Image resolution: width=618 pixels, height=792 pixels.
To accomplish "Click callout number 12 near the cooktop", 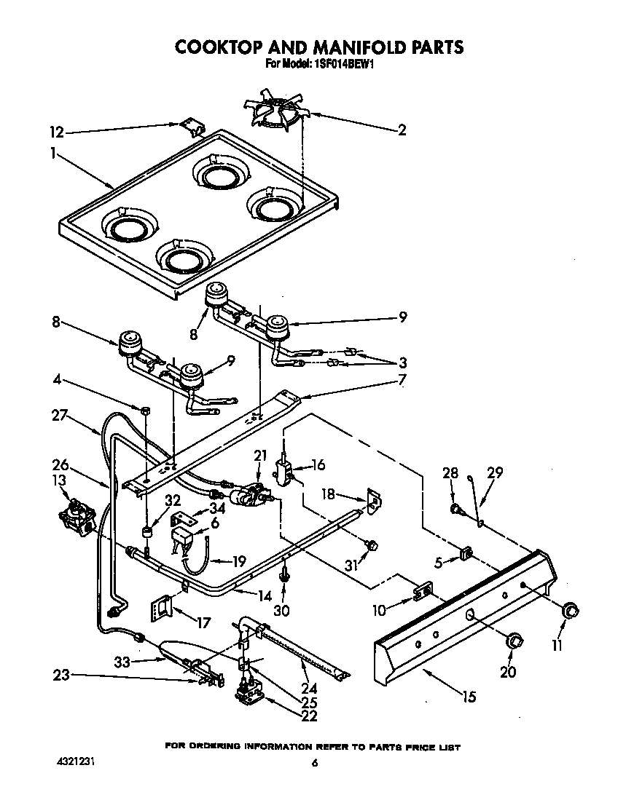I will point(57,132).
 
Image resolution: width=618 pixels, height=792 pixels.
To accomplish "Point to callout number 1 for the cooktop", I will point(54,153).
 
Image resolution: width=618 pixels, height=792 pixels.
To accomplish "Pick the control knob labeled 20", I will point(515,641).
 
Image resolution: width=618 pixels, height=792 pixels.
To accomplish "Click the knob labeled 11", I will point(571,611).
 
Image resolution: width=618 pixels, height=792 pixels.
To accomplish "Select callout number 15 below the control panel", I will point(469,697).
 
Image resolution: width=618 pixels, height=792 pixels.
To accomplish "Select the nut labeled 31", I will point(370,544).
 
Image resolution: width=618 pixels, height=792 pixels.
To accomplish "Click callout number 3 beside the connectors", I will point(402,363).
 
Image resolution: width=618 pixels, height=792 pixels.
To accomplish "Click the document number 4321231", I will point(75,762).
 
